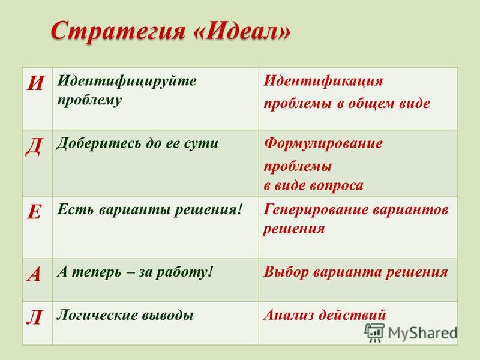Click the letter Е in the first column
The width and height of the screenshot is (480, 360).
click(34, 211)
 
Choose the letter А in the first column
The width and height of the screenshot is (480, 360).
click(34, 274)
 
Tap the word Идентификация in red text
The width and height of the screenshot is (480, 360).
click(323, 81)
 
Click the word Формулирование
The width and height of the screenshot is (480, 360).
click(323, 144)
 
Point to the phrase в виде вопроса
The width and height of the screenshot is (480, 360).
click(314, 185)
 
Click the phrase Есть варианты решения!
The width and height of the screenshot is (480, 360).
click(151, 208)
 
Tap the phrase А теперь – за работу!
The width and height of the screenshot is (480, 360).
click(135, 271)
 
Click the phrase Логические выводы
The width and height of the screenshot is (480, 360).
click(125, 314)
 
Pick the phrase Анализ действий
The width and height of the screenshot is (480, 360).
click(325, 314)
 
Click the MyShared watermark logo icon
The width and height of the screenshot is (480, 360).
click(375, 332)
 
